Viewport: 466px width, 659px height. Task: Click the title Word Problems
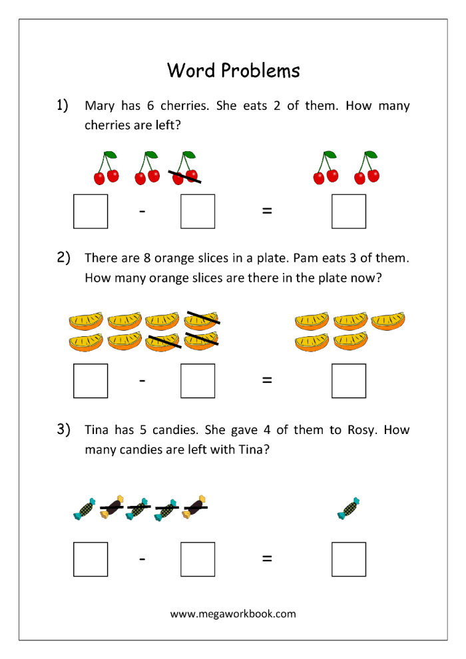point(233,70)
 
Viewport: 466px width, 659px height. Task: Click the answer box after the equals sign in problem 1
point(349,211)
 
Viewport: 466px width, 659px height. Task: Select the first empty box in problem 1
point(91,211)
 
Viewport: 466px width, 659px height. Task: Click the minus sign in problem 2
point(142,380)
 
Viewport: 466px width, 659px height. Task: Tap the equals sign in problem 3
point(267,558)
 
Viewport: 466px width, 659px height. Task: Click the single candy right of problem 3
point(348,508)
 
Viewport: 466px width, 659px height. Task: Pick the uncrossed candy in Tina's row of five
point(85,508)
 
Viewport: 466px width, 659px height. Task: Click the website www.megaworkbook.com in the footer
point(233,614)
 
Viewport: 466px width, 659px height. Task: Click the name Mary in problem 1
point(99,106)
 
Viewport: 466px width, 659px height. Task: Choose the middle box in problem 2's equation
point(198,381)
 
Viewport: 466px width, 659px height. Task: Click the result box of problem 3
point(349,559)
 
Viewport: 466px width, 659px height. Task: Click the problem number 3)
point(63,429)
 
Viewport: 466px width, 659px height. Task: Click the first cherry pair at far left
point(106,169)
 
